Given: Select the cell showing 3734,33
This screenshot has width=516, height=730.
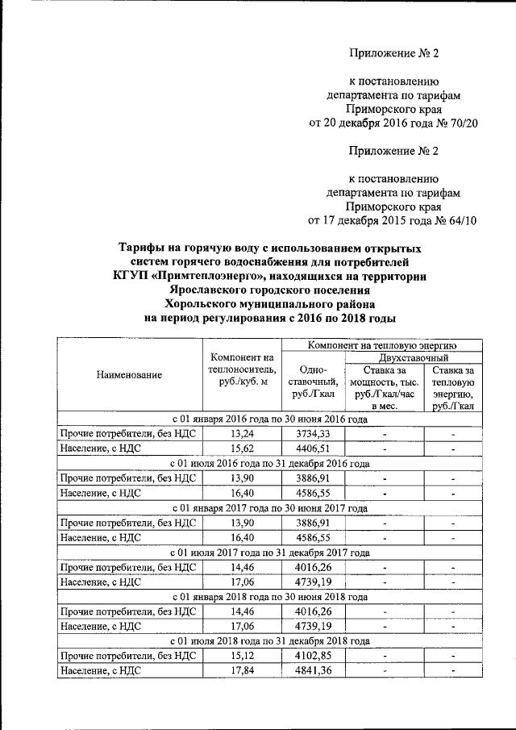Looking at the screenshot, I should (310, 434).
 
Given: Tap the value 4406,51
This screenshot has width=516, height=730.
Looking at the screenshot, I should (310, 448).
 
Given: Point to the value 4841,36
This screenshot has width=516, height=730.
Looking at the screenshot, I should (310, 670).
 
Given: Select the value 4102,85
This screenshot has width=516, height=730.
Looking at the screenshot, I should (310, 655).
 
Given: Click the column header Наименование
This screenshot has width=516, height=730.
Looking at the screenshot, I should (129, 374).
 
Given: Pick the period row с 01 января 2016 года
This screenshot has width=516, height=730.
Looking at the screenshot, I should (271, 419).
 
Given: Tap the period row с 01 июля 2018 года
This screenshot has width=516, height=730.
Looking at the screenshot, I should (271, 640).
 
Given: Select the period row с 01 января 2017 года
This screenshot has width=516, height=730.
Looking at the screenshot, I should (271, 508).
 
